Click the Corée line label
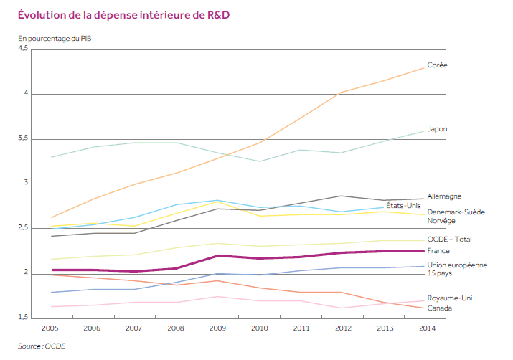click(437, 65)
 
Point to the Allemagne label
click(444, 196)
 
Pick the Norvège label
click(441, 221)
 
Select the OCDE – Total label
click(449, 239)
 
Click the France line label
click(438, 251)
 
